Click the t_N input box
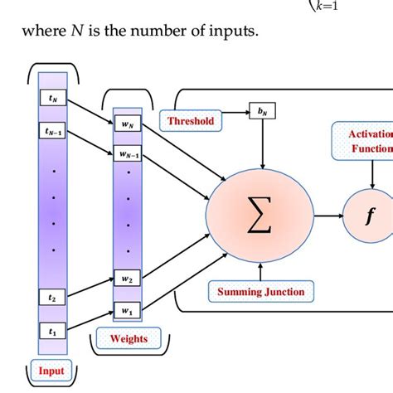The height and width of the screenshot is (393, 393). pos(52,98)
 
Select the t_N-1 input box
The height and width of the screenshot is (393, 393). pos(53,131)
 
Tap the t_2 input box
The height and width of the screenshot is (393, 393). pos(52,295)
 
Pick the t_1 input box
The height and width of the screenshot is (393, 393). pos(52,330)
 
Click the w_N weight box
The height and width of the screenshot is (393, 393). pos(127,125)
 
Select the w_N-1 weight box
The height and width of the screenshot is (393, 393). pos(127,154)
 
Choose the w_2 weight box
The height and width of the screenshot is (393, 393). pos(127,280)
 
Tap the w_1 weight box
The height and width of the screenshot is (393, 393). pos(127,311)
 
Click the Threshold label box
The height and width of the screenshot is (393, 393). pos(192,121)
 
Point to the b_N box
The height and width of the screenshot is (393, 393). pos(263,110)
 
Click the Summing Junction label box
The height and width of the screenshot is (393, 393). pos(260,291)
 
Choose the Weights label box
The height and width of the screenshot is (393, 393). pos(129,338)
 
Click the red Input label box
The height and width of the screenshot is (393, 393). pos(51,371)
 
